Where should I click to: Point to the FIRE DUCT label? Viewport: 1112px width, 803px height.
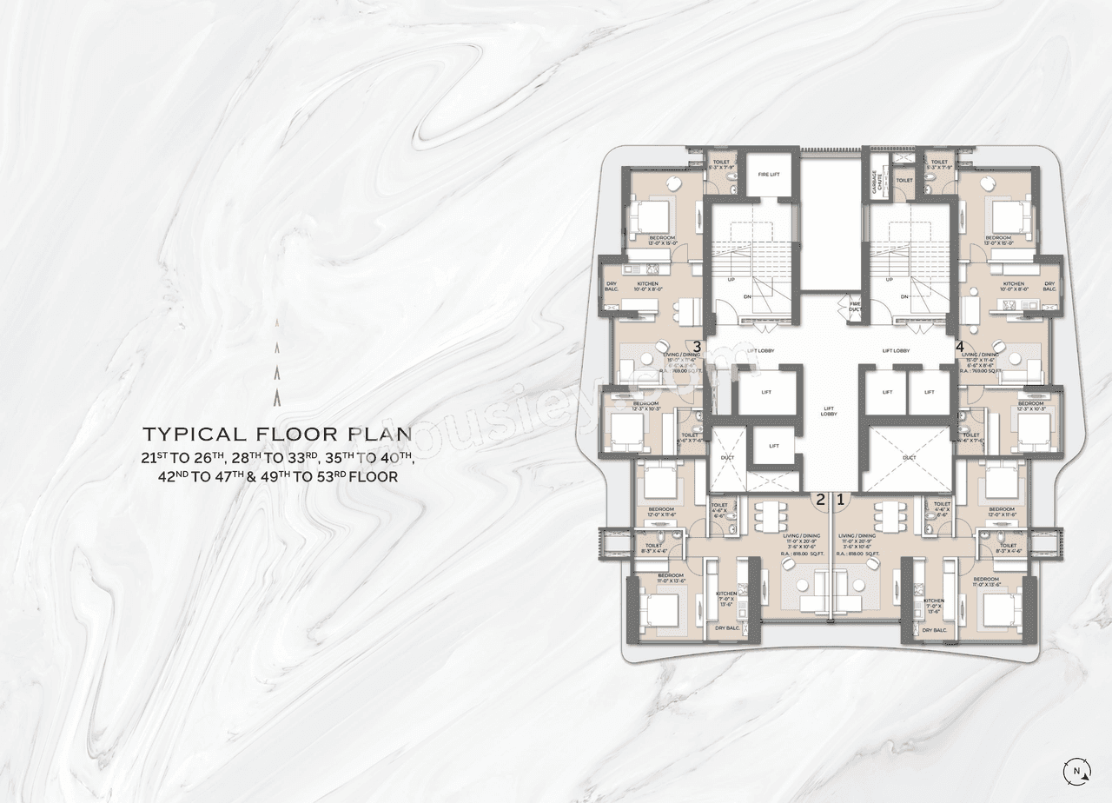coord(855,306)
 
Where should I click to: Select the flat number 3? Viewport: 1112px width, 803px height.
coord(697,346)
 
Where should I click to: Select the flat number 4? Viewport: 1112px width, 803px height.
coord(960,346)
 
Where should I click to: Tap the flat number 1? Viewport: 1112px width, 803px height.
coord(840,499)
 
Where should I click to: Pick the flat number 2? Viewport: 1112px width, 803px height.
coord(820,499)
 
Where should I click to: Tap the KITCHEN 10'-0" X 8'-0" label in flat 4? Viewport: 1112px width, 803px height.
coord(1013,287)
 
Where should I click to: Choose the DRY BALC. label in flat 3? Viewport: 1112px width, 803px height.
coord(611,287)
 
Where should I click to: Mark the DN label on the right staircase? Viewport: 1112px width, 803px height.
coord(904,296)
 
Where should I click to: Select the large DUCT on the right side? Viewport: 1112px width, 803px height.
coord(909,457)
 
